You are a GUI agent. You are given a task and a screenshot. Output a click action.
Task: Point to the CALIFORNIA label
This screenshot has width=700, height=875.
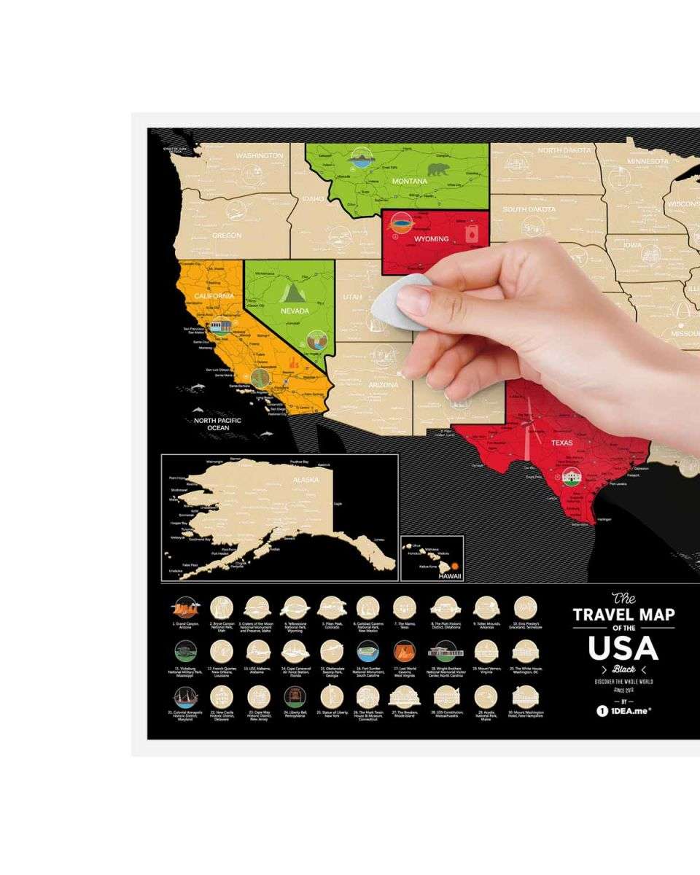point(214,296)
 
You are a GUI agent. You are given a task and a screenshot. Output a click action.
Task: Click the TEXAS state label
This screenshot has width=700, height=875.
point(561,443)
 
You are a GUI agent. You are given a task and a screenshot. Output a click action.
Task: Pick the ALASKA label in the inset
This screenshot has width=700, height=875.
point(306,480)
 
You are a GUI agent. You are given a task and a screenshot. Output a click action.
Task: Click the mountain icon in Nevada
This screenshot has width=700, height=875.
point(291,293)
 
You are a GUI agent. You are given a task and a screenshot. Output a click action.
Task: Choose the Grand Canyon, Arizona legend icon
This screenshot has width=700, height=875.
point(184,607)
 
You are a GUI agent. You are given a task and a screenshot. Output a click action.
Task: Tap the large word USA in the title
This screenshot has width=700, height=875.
point(623,647)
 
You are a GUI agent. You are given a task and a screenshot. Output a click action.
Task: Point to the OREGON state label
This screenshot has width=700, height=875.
point(227,236)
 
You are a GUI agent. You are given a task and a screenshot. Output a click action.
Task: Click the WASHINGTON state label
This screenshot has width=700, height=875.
point(260,156)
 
